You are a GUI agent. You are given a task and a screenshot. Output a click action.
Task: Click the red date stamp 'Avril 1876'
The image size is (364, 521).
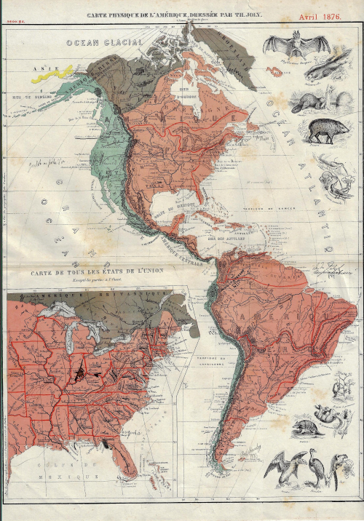tap(323, 15)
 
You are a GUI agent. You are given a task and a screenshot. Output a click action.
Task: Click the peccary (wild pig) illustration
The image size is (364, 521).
tap(326, 131)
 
